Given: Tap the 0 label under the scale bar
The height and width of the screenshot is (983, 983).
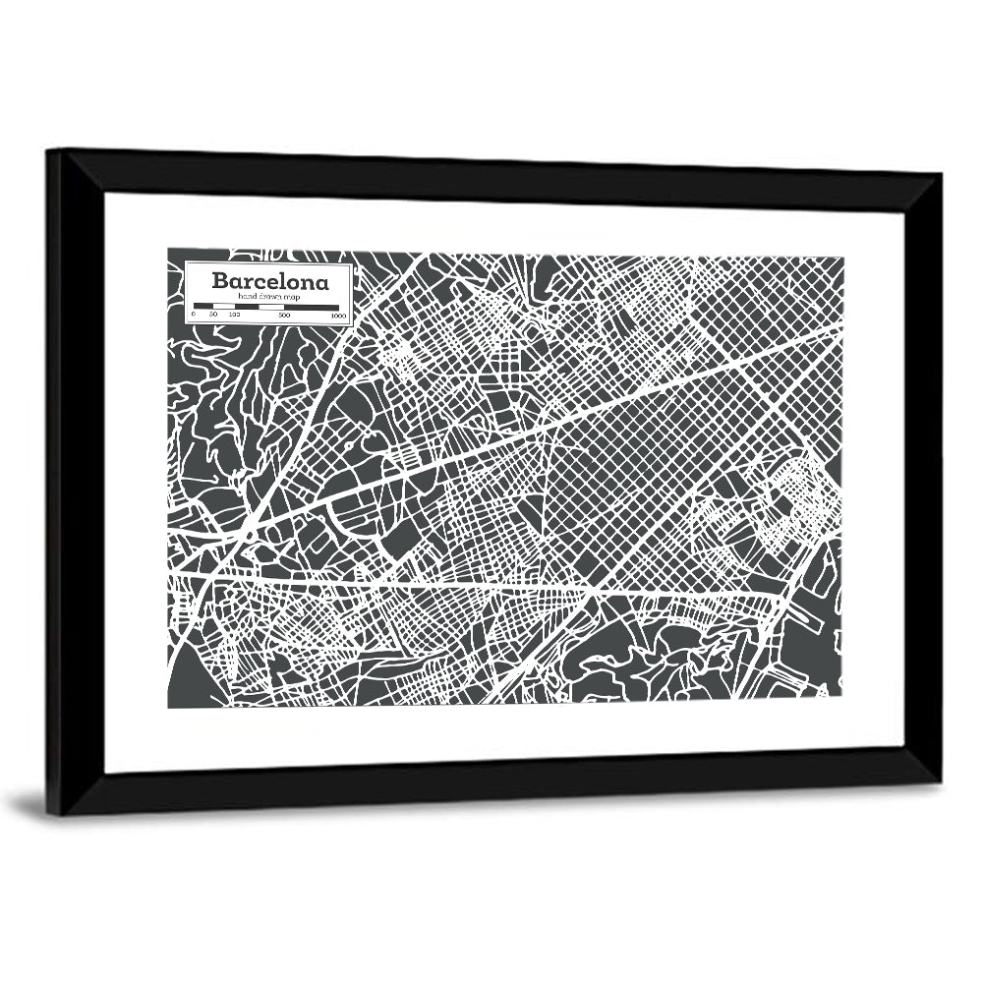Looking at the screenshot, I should pyautogui.click(x=194, y=316).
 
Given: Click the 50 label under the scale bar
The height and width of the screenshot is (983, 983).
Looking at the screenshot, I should pyautogui.click(x=213, y=316).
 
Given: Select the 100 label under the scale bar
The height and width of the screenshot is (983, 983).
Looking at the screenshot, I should pyautogui.click(x=234, y=316).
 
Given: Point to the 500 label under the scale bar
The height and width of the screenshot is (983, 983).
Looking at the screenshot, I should pyautogui.click(x=284, y=316).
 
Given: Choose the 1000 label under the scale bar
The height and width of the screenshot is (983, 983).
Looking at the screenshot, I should pyautogui.click(x=338, y=316).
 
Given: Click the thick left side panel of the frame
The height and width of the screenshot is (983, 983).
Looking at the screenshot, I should pyautogui.click(x=61, y=482).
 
